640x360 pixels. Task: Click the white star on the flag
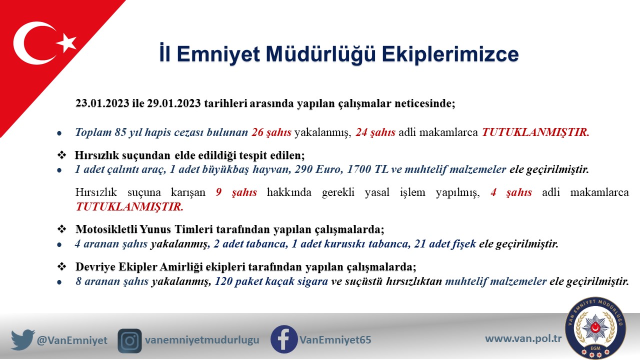(66, 43)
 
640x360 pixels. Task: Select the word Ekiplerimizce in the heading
(450, 54)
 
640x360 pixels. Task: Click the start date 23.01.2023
(102, 103)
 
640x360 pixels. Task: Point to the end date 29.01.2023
(174, 103)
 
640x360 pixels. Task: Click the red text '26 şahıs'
(271, 132)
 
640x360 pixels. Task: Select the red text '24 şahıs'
(375, 132)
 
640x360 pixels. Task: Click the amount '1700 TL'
(367, 169)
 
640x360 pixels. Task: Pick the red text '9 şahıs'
(236, 192)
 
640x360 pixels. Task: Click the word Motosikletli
(106, 229)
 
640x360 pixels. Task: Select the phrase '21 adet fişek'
(445, 243)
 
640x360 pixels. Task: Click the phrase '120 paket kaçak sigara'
(271, 281)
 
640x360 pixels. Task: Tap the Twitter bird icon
(23, 339)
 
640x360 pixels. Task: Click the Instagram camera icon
(129, 341)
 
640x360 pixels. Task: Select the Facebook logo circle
(284, 339)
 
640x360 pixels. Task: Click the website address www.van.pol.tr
(523, 338)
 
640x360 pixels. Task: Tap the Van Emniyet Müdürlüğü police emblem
(595, 327)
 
